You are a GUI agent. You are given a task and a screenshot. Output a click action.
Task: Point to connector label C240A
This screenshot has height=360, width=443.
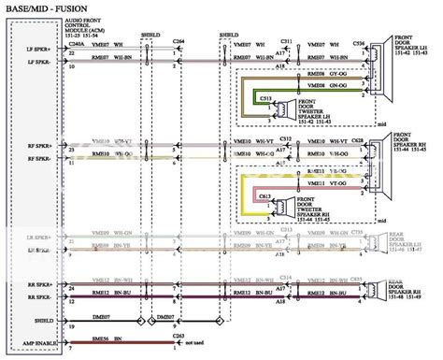tap(77, 44)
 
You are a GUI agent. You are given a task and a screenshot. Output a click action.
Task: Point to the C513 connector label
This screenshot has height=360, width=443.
tap(264, 97)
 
